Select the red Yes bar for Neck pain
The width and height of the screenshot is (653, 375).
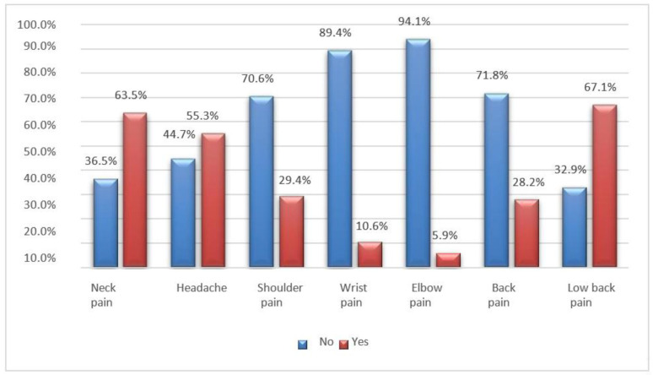[x=135, y=191]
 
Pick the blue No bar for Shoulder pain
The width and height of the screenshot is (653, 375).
[x=261, y=182]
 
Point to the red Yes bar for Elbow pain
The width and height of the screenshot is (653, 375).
[x=446, y=260]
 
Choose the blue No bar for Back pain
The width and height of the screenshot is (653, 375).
[x=494, y=181]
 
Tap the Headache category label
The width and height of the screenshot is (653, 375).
[x=202, y=288]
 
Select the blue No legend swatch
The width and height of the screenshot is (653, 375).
[x=301, y=344]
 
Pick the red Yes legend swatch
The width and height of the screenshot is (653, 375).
[x=343, y=344]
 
